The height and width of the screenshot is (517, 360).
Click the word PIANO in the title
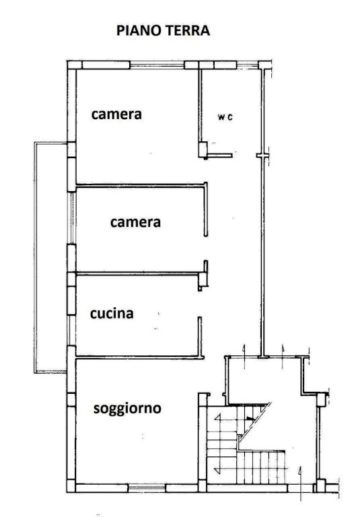point(139,30)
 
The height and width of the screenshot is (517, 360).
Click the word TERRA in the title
point(187,30)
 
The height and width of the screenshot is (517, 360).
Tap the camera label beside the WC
point(116,114)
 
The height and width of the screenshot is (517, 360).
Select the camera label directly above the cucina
point(135,222)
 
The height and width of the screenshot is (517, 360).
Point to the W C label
point(225,116)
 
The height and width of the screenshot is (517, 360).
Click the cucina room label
point(112,313)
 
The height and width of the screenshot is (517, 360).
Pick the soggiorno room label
point(127,409)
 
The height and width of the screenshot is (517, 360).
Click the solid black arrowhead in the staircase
point(250,419)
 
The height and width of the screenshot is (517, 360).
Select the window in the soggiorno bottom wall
point(147,487)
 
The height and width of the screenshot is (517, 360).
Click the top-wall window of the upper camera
point(157,65)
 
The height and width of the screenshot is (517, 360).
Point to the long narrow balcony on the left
point(51,257)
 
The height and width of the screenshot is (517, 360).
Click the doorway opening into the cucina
point(200,304)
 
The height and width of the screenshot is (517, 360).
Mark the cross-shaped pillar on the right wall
point(262,156)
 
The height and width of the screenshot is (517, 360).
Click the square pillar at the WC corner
point(203,149)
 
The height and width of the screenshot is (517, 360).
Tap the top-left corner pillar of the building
point(72,65)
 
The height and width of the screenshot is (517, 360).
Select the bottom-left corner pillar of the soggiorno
point(71,486)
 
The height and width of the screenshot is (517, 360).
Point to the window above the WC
point(248,65)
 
